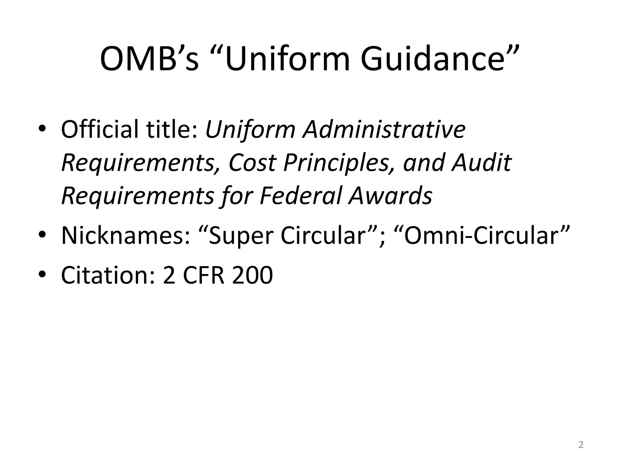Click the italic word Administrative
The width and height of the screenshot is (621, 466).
coord(384,130)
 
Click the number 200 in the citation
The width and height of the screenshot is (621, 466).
coord(252,275)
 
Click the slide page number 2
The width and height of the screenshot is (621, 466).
coord(581,445)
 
